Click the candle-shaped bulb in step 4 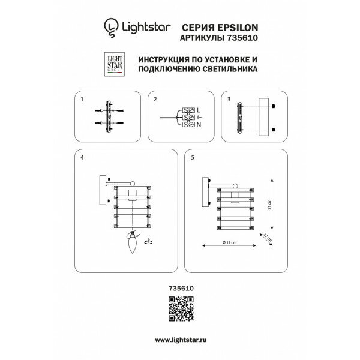pyautogui.click(x=133, y=245)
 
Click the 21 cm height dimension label pyautogui.click(x=270, y=205)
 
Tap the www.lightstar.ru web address pyautogui.click(x=179, y=340)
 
